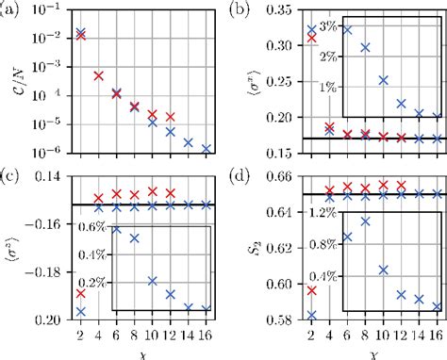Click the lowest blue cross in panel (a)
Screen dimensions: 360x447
click(205, 148)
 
